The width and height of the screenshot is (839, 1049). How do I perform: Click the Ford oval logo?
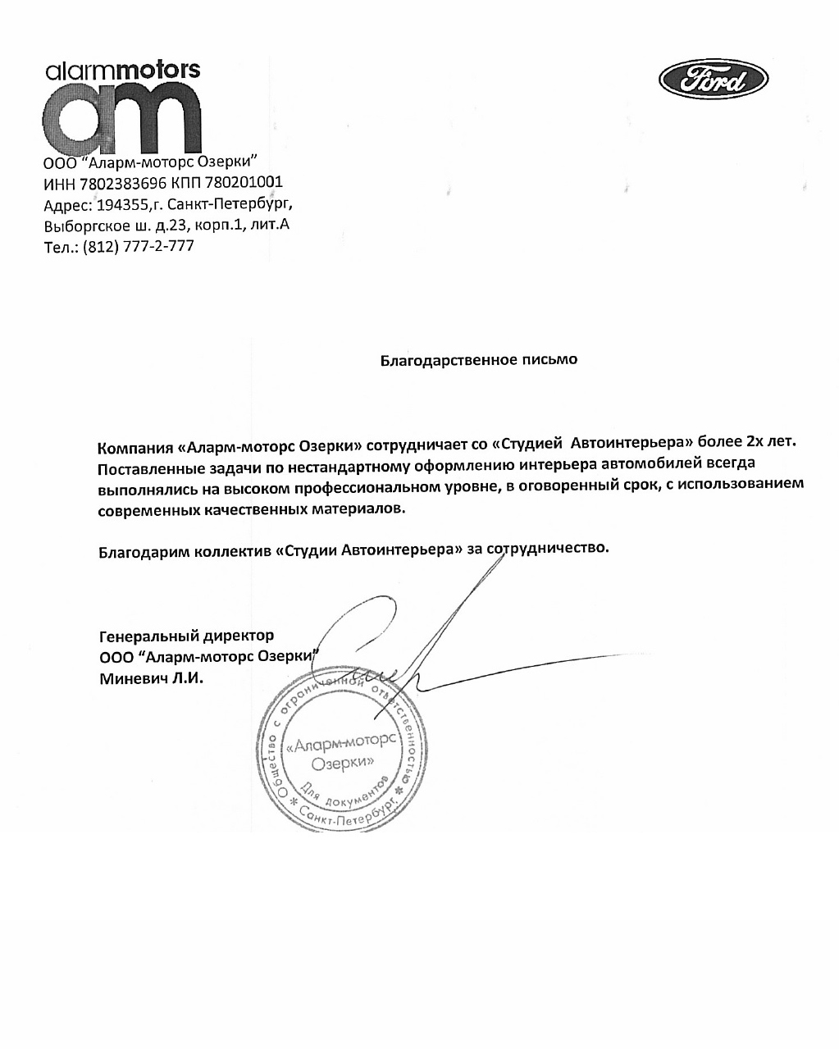tap(713, 80)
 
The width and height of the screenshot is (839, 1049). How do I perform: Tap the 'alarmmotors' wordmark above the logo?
tap(123, 71)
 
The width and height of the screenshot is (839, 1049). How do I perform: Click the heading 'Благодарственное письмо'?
tap(479, 360)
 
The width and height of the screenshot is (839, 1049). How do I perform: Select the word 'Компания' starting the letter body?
tap(135, 449)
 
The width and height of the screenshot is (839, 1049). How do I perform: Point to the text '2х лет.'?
tap(770, 442)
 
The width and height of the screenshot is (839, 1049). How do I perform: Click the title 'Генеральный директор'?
tap(186, 636)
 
